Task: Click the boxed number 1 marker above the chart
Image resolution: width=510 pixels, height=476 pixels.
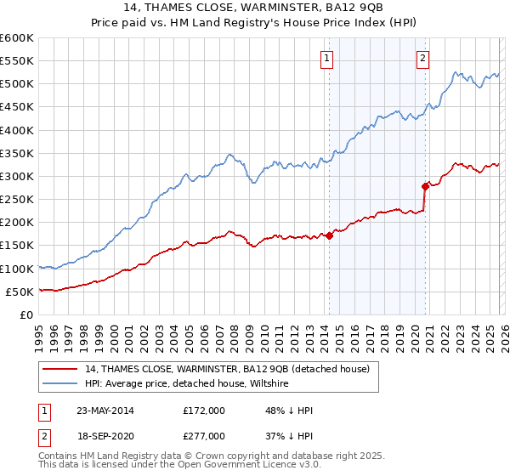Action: (327, 59)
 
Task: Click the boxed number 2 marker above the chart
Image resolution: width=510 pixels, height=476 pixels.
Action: (422, 59)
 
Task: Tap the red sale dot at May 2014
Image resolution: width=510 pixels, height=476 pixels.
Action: (329, 235)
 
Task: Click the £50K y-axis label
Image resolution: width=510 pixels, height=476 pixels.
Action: (20, 292)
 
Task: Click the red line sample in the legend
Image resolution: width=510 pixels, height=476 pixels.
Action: (59, 370)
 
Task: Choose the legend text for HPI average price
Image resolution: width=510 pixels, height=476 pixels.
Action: (187, 384)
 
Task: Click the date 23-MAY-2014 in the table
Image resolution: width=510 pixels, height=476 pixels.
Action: (105, 411)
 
